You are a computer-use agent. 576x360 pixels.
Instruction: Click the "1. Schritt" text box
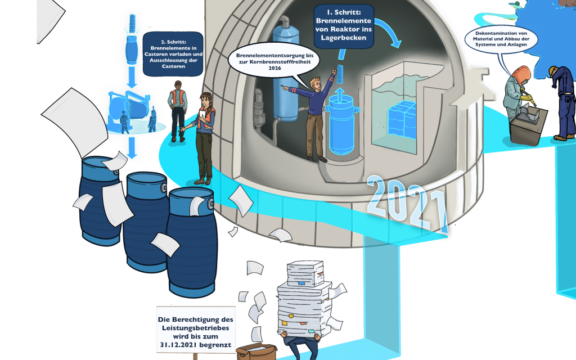pos(344,25)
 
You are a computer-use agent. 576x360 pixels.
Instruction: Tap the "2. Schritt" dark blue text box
pos(173,53)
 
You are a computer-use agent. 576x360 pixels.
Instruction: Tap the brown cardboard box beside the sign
pos(256,352)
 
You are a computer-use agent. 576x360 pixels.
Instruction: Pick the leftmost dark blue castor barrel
pos(100,197)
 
